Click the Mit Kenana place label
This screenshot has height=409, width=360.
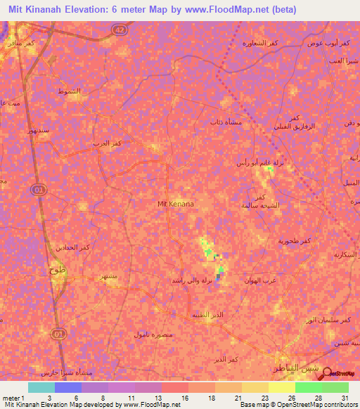[175, 204]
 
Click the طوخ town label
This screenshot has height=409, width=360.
[57, 269]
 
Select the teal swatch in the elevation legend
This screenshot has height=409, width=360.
[41, 387]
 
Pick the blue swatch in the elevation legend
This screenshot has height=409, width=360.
[68, 387]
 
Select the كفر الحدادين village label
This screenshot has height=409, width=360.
[73, 247]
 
